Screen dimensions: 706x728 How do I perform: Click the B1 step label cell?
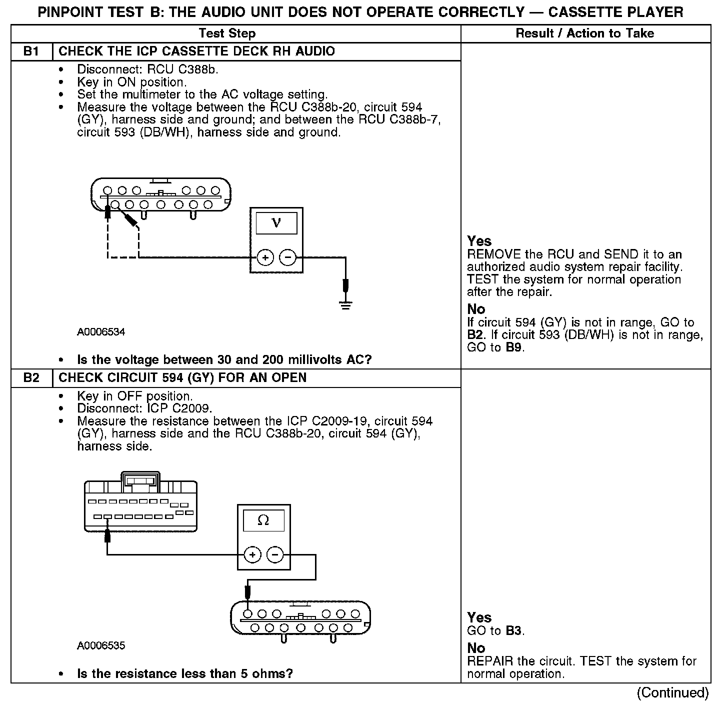(x=31, y=51)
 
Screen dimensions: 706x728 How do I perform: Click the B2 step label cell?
(x=31, y=377)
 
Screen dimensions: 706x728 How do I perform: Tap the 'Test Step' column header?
(x=227, y=33)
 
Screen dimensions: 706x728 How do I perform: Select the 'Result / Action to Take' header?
(x=584, y=33)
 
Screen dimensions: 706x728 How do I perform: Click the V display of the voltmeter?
(x=276, y=223)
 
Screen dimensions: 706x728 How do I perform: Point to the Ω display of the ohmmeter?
(x=263, y=520)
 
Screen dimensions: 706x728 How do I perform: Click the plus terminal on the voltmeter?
(x=265, y=258)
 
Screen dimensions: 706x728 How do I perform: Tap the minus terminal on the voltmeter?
(x=287, y=258)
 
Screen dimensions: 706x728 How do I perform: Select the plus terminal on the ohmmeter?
(x=252, y=554)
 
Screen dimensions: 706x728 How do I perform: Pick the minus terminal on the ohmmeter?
(x=274, y=554)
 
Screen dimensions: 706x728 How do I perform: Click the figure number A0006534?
(x=101, y=332)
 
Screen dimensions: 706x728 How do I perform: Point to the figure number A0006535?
(x=101, y=645)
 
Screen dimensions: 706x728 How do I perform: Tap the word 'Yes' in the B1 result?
(x=479, y=241)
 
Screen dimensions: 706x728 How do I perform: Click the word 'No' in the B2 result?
(x=476, y=648)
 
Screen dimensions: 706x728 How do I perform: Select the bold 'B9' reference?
(x=514, y=347)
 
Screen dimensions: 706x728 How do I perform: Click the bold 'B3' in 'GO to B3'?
(x=514, y=630)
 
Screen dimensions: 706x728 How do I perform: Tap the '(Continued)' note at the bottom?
(x=672, y=693)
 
